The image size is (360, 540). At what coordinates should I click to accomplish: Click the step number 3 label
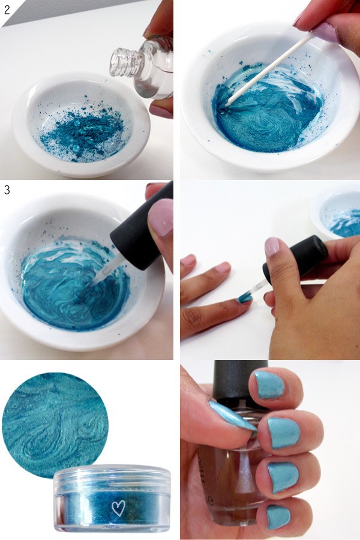coord(7,190)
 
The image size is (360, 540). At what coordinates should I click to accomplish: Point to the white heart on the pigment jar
coord(118,508)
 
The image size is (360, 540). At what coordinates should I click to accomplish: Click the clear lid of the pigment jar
coord(112,477)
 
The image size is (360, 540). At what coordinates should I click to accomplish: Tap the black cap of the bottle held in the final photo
coord(241,381)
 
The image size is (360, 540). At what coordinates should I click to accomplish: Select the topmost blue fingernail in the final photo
coord(269,385)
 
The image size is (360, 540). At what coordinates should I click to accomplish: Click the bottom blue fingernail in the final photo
coord(278,517)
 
